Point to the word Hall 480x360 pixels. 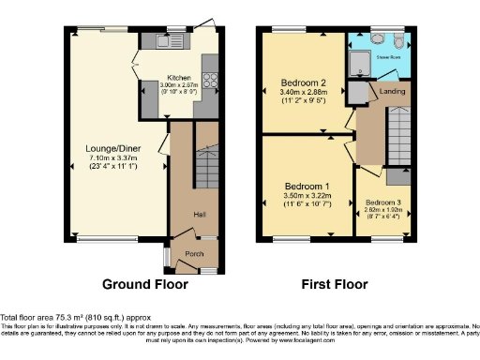(199, 215)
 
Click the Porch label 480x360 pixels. (194, 253)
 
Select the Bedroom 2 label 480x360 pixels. (301, 82)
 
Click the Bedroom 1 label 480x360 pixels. (306, 187)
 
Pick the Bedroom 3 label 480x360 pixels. (384, 202)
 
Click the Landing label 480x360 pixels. (392, 91)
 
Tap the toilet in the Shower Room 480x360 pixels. (398, 41)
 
